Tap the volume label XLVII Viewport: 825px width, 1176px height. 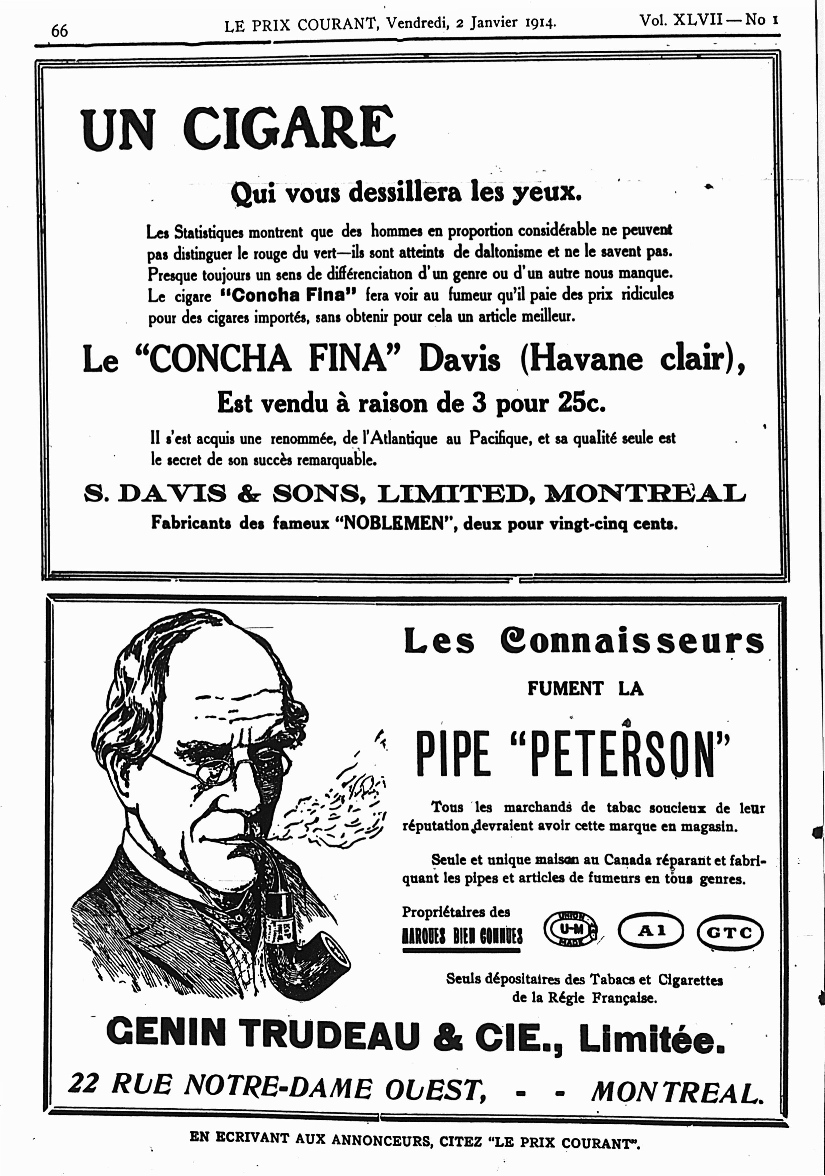tap(699, 20)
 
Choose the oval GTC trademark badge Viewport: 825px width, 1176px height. tap(730, 932)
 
